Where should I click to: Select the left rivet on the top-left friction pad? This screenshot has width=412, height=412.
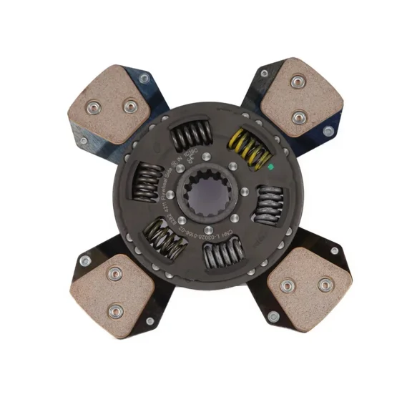pos(93,107)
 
